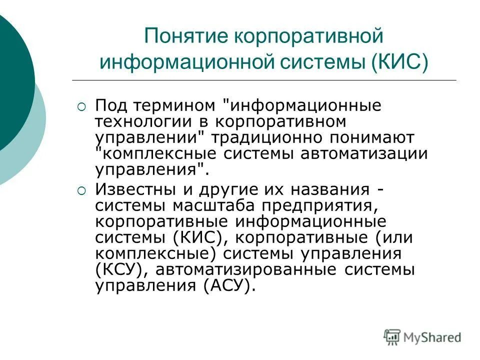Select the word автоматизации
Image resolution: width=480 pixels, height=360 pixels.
tap(364, 153)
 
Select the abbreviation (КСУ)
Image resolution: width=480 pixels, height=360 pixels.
tap(118, 270)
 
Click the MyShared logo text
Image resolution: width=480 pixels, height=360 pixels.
tap(433, 337)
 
